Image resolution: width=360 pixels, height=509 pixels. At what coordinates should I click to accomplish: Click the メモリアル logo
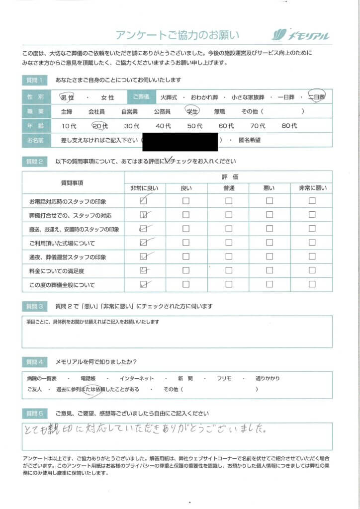pyautogui.click(x=300, y=35)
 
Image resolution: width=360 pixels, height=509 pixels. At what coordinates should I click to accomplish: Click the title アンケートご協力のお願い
pyautogui.click(x=178, y=35)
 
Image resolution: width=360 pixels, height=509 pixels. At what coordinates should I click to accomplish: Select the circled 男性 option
pyautogui.click(x=67, y=97)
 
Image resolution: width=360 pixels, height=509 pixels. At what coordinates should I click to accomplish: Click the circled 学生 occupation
pyautogui.click(x=192, y=111)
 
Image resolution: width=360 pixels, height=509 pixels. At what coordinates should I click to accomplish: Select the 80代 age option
pyautogui.click(x=289, y=126)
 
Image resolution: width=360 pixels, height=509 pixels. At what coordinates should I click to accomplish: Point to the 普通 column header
pyautogui.click(x=228, y=187)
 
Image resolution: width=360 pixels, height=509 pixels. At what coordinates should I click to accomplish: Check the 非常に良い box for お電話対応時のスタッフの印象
pyautogui.click(x=144, y=201)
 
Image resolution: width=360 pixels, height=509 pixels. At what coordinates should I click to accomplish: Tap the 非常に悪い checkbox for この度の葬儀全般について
pyautogui.click(x=312, y=285)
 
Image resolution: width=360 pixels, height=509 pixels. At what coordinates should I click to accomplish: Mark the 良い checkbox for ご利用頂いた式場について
pyautogui.click(x=186, y=243)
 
